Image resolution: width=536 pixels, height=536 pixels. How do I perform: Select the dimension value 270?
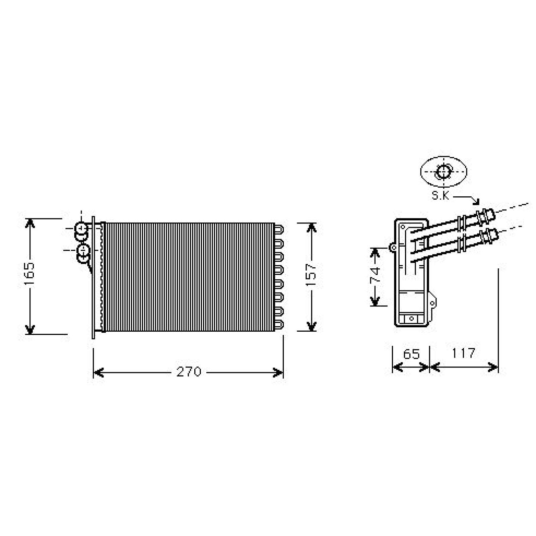pyautogui.click(x=189, y=372)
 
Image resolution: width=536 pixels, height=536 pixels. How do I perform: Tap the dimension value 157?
pyautogui.click(x=311, y=275)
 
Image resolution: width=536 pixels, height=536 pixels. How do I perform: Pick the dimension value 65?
pyautogui.click(x=411, y=354)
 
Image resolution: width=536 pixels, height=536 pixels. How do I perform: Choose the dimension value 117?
pyautogui.click(x=463, y=353)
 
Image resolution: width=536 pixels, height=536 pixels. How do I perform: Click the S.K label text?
pyautogui.click(x=440, y=196)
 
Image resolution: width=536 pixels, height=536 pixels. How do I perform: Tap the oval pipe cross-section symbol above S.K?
pyautogui.click(x=444, y=172)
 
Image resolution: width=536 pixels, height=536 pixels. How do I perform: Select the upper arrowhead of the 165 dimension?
pyautogui.click(x=30, y=223)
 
